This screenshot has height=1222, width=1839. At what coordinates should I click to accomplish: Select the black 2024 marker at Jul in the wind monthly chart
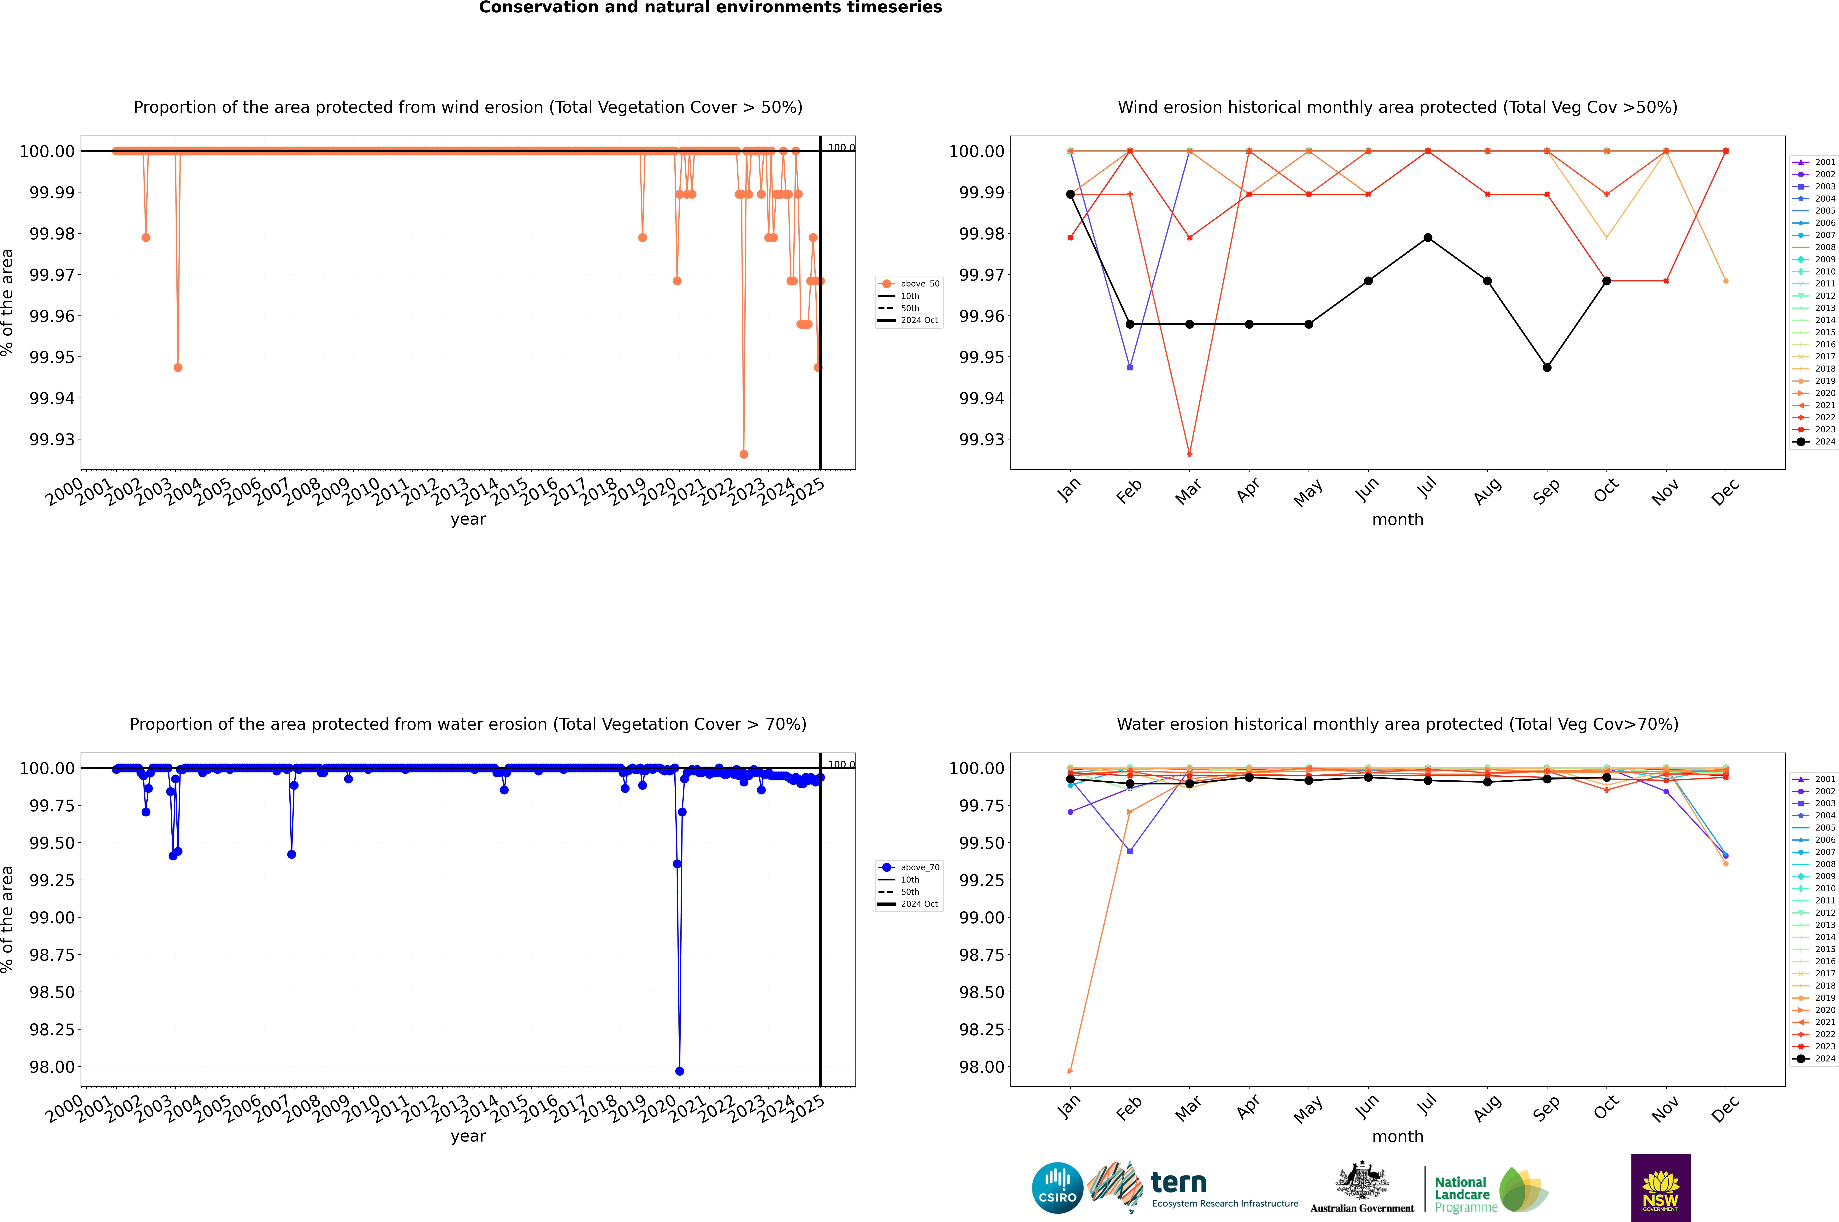[x=1427, y=238]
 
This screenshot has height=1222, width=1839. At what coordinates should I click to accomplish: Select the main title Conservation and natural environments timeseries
[x=710, y=8]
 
